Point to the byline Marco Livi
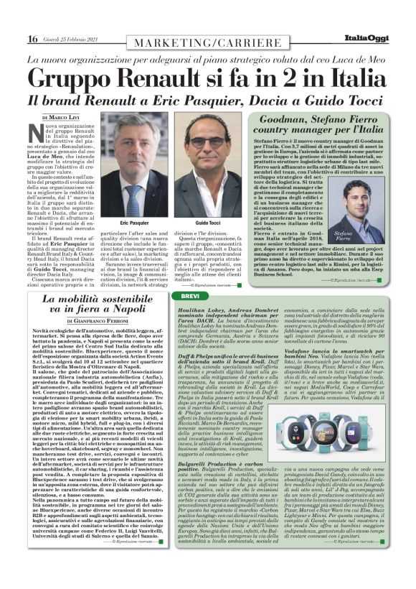coord(62,116)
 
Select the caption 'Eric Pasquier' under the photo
coord(134,223)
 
